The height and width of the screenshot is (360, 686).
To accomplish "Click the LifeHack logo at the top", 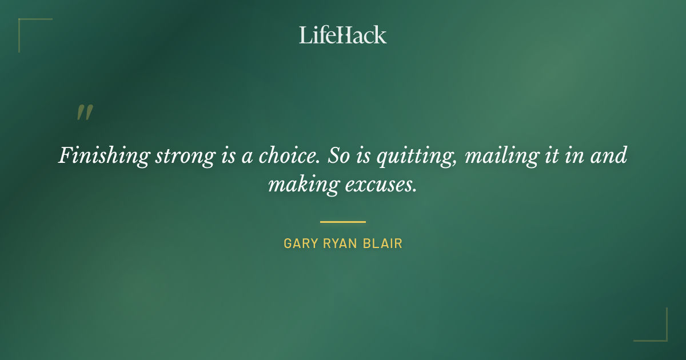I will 342,35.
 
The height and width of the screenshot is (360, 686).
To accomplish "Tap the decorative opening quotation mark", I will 85,113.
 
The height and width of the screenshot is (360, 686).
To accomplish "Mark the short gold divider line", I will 342,222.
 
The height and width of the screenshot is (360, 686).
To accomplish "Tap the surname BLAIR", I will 385,243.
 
